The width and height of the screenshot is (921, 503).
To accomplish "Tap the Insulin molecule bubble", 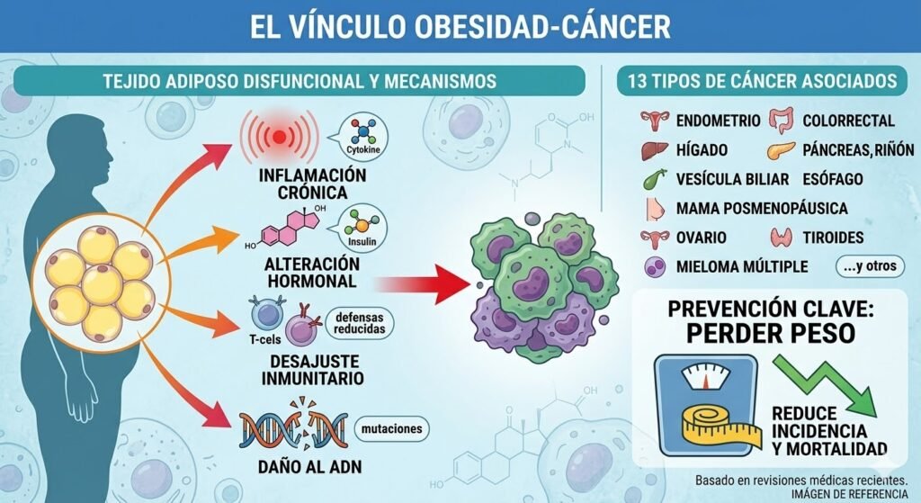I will click(x=355, y=229).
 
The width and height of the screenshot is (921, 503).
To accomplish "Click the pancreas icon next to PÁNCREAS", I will click(x=778, y=150).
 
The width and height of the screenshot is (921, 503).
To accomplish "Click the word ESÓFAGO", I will click(x=832, y=179).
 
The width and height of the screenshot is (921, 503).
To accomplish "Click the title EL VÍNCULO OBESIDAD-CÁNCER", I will click(x=460, y=26).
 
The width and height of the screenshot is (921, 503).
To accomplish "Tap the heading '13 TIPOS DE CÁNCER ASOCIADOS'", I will click(x=756, y=81).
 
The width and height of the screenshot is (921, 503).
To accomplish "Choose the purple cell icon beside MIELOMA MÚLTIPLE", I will click(x=654, y=267).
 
